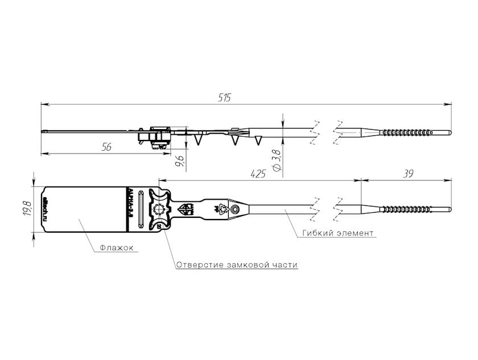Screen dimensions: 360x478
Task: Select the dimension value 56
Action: click(105, 147)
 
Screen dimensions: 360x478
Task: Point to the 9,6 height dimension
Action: click(180, 161)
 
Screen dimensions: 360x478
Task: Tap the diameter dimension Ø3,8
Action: click(275, 160)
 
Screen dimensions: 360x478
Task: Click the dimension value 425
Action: click(258, 174)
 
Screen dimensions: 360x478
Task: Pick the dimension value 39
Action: click(407, 174)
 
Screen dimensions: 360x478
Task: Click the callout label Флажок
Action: click(116, 248)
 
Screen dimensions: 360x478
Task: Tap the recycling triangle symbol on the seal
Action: click(222, 209)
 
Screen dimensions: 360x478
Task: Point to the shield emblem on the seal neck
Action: click(188, 209)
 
